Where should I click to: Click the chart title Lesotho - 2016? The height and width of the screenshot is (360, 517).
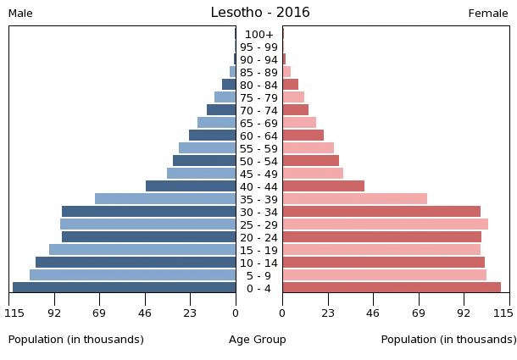[x=260, y=13]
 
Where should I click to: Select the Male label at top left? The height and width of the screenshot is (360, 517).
[x=20, y=14]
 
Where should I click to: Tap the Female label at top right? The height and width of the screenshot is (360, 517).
[x=488, y=14]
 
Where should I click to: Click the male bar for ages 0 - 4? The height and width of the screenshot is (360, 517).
[x=125, y=288]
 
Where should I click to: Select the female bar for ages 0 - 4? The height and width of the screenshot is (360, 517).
[x=392, y=288]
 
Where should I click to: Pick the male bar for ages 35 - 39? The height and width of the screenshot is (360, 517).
[x=165, y=199]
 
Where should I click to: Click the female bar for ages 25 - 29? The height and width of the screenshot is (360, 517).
[x=385, y=224]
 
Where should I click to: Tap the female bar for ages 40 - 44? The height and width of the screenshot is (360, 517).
[x=323, y=186]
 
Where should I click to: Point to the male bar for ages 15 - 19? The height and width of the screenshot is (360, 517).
[x=142, y=250]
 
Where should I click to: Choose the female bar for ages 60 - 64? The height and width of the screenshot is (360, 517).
[x=303, y=136]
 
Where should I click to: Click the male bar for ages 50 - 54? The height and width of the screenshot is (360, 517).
[x=204, y=161]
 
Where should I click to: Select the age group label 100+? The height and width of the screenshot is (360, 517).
[x=258, y=35]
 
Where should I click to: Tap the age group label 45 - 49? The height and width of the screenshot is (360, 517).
[x=258, y=174]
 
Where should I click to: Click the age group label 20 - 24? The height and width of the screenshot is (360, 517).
[x=258, y=238]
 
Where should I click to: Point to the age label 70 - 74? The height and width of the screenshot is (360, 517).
[x=258, y=111]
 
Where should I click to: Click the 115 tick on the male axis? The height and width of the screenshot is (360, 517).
[x=14, y=313]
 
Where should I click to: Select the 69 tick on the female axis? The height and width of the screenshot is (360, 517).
[x=419, y=313]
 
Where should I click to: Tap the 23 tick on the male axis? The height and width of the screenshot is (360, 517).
[x=190, y=313]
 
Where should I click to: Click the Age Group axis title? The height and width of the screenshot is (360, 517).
[x=258, y=340]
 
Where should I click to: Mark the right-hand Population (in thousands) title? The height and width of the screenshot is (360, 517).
[x=448, y=340]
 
